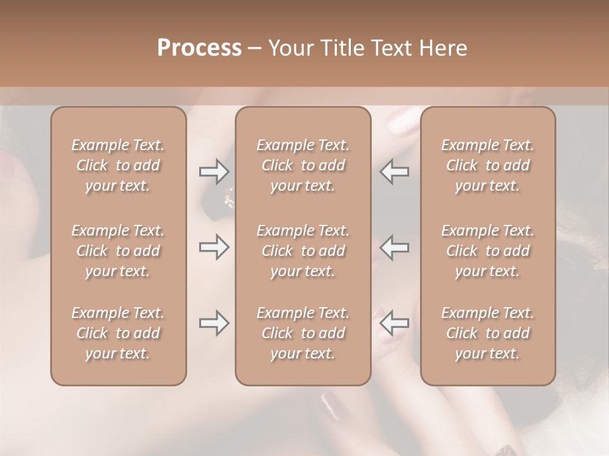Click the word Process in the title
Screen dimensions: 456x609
199,48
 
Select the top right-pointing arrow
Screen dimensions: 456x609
214,171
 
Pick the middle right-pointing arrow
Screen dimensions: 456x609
214,247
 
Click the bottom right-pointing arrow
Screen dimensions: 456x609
214,323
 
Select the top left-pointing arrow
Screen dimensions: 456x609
395,171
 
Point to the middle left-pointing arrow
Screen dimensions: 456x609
395,247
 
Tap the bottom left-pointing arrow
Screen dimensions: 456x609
395,323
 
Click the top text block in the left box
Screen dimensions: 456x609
118,165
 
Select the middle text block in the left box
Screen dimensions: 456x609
118,251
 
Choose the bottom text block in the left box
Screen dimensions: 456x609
118,333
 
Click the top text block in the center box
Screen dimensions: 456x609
303,165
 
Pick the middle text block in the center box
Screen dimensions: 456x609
303,251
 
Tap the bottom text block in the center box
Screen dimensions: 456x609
303,333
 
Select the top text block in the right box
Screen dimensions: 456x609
488,165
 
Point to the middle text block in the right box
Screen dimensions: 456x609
488,251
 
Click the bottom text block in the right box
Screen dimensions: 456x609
488,333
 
